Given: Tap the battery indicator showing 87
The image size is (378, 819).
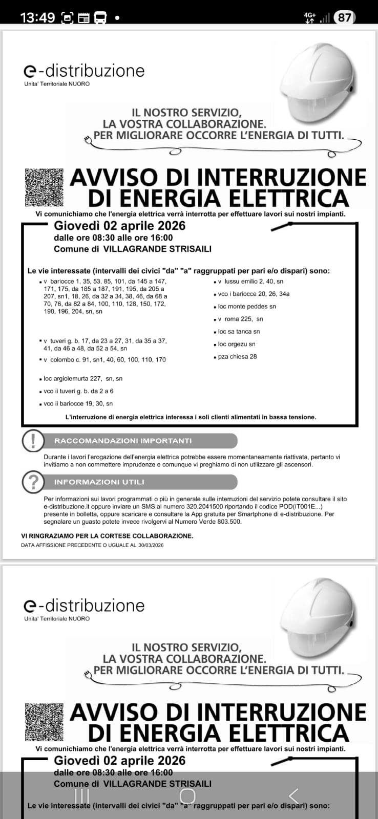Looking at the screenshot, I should point(345,17).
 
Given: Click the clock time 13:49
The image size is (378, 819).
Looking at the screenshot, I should point(37,17).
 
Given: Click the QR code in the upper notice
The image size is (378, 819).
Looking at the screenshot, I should point(44,186).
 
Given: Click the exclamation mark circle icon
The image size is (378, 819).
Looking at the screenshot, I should point(33,440).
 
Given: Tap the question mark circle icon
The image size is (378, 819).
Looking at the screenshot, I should point(33,482).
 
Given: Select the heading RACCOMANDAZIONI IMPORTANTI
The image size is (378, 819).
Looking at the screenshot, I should point(123,441).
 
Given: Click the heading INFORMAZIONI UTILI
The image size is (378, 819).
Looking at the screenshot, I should point(99,482).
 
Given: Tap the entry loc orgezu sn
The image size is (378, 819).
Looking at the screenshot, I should point(236,344).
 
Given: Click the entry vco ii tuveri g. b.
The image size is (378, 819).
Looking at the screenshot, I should point(78,391).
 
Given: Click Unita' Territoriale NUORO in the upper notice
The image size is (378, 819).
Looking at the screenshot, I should point(57,84).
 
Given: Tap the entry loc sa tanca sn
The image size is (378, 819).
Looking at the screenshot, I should point(239,332).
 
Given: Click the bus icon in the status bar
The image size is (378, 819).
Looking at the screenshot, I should point(100,18).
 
